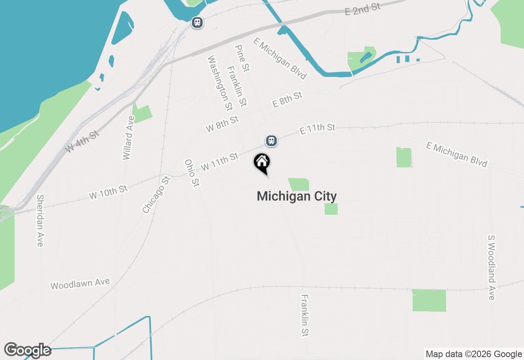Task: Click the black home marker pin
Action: (x=262, y=162)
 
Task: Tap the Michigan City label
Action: (x=296, y=196)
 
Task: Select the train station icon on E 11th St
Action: (x=271, y=141)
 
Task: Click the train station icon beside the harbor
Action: (x=197, y=22)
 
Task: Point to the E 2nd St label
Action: (x=363, y=8)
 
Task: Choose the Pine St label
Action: (x=242, y=59)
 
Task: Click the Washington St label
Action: (x=220, y=83)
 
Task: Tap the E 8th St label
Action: (x=287, y=99)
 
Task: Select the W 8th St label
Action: (x=222, y=124)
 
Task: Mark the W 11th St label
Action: (x=219, y=162)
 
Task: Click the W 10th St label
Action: (x=108, y=192)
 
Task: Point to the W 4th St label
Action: (x=82, y=141)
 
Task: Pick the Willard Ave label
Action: (x=129, y=138)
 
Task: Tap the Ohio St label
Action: (x=192, y=173)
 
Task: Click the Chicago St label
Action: (x=156, y=195)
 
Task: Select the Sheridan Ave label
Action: (x=40, y=220)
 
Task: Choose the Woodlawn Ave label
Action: (x=80, y=283)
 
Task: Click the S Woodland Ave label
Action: (x=492, y=267)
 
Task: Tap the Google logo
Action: (x=28, y=350)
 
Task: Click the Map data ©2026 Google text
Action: (x=474, y=354)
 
